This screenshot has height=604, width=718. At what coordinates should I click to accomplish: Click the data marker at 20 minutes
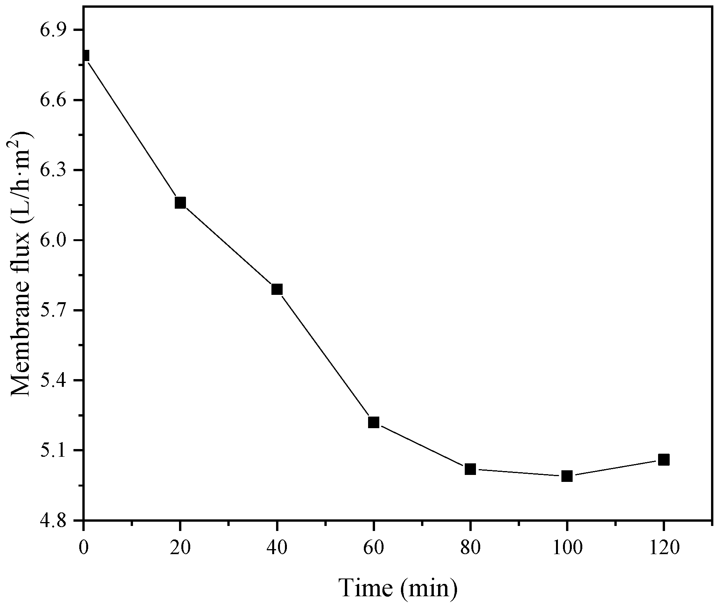click(180, 202)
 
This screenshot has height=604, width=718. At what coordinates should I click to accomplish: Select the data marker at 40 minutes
click(277, 289)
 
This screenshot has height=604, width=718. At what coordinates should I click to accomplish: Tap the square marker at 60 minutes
click(373, 422)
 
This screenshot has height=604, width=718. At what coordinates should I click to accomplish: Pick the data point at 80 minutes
click(470, 469)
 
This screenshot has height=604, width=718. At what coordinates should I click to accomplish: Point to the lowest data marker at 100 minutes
click(567, 476)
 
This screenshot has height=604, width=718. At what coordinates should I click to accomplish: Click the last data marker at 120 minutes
click(663, 459)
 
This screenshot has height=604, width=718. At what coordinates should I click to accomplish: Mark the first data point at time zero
click(85, 56)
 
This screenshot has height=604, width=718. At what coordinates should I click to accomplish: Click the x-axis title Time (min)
click(398, 588)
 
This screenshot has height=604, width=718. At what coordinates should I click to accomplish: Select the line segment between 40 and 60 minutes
click(325, 356)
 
